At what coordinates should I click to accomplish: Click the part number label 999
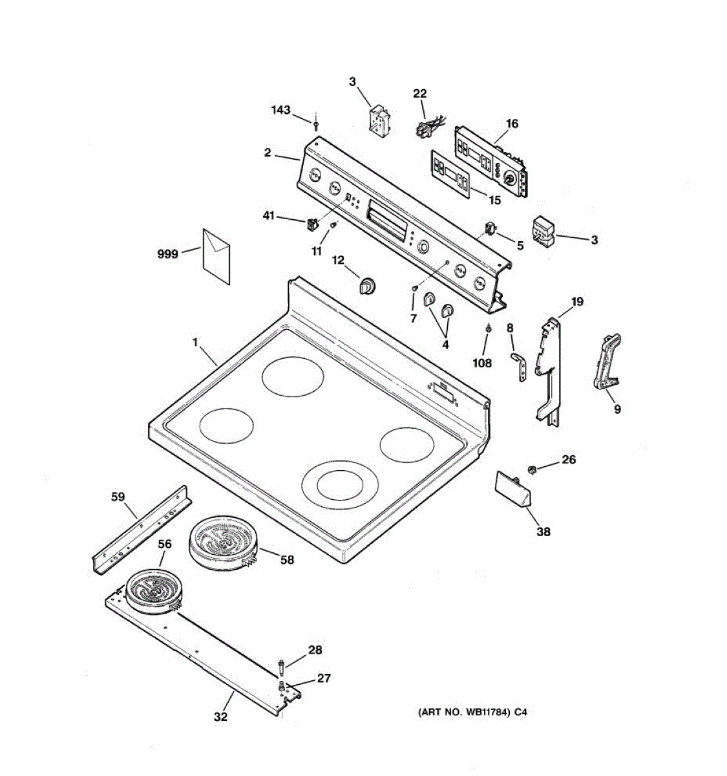click(167, 254)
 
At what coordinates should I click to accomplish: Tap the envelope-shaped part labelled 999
click(216, 257)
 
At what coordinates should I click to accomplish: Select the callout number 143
click(281, 110)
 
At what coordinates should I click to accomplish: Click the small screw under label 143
click(315, 125)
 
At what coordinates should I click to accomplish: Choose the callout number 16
click(512, 124)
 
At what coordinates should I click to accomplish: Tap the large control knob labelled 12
click(368, 286)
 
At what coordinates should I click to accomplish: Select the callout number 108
click(483, 363)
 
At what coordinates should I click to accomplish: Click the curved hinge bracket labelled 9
click(607, 361)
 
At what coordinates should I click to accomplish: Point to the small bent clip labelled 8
click(519, 367)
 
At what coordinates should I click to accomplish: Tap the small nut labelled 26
click(531, 469)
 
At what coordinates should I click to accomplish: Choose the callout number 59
click(118, 497)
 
